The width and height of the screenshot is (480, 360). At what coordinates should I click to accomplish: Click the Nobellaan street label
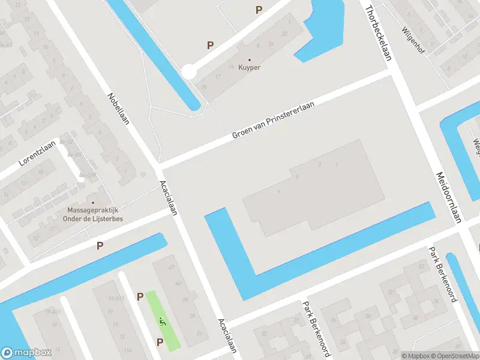(x=119, y=109)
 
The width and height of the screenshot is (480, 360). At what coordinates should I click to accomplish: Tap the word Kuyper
(x=250, y=68)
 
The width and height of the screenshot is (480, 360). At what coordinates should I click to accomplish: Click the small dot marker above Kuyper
(x=250, y=59)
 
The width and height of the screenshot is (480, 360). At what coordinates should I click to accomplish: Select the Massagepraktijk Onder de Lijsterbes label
(x=95, y=215)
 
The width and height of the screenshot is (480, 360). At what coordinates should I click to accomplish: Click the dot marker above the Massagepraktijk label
(x=92, y=202)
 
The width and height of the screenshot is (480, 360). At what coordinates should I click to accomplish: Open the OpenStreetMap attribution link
(x=455, y=356)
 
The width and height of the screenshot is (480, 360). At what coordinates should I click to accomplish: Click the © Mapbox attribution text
(x=416, y=356)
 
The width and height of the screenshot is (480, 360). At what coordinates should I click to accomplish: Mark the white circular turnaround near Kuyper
(x=188, y=72)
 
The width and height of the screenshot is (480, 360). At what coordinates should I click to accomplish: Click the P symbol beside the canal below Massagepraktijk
(x=100, y=245)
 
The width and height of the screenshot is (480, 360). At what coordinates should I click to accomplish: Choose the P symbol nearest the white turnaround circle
(x=210, y=45)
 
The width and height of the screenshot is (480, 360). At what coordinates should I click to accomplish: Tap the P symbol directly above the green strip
(x=140, y=296)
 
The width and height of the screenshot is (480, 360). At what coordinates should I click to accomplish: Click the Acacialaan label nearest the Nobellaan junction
(x=169, y=197)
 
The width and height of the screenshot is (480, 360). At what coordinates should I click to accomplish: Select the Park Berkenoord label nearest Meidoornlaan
(x=443, y=267)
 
